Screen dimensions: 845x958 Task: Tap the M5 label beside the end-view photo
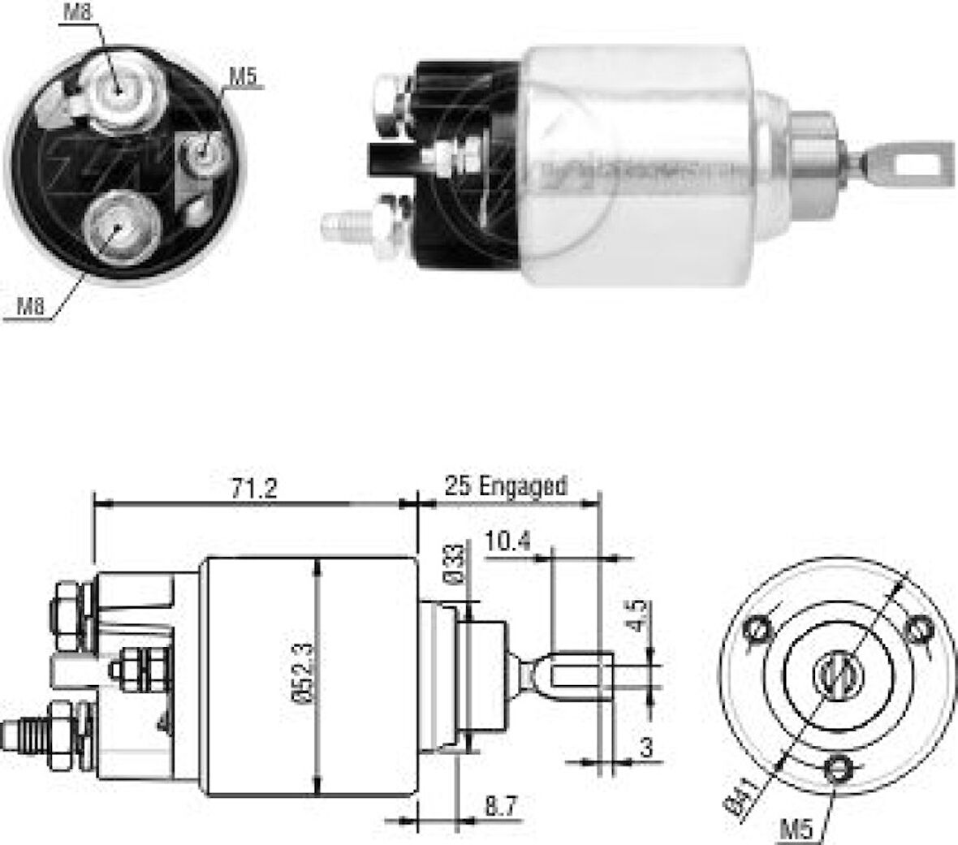tap(243, 78)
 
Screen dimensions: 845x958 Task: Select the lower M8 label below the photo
tap(31, 306)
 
